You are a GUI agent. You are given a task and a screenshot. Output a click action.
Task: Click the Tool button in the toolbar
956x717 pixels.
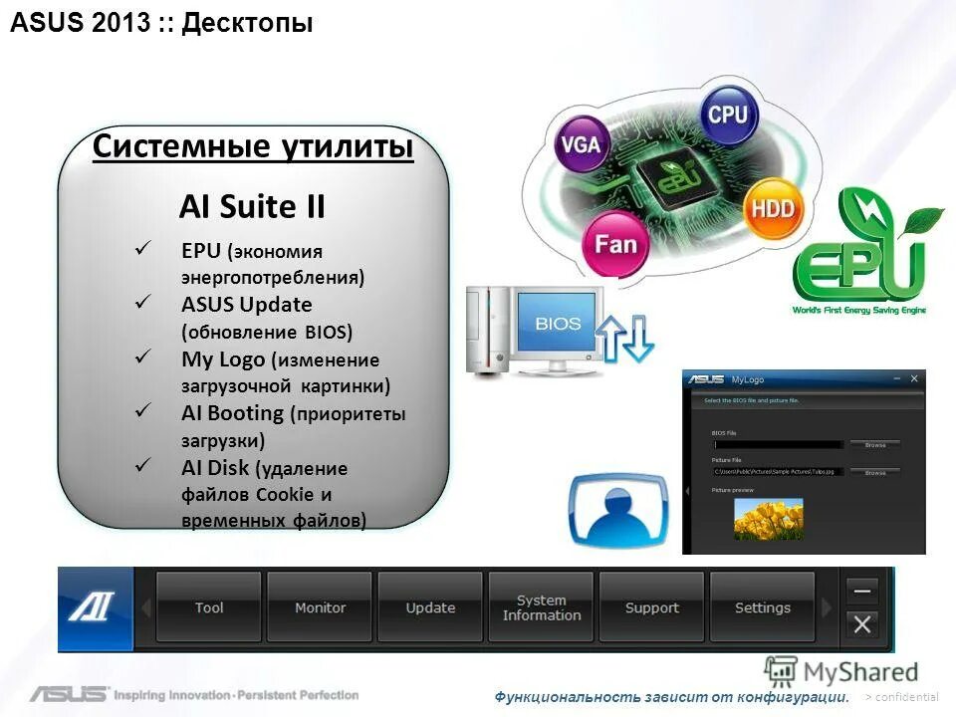click(x=209, y=607)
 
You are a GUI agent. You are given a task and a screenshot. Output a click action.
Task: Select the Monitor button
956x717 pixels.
click(x=320, y=607)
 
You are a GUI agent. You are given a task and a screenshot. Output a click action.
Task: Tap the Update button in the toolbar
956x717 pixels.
click(x=430, y=607)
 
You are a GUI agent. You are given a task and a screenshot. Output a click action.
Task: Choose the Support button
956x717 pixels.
click(x=651, y=607)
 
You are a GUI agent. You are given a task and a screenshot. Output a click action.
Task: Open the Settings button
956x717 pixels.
click(x=762, y=607)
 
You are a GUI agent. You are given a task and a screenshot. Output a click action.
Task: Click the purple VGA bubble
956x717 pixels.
click(x=581, y=144)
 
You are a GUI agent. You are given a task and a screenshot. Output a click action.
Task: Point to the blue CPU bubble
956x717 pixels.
click(x=728, y=115)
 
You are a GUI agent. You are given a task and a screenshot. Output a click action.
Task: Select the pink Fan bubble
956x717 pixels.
click(x=615, y=243)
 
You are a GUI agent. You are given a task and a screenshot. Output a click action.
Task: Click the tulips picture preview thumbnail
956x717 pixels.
click(x=768, y=519)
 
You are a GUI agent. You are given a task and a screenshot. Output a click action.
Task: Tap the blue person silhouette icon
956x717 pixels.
click(x=618, y=511)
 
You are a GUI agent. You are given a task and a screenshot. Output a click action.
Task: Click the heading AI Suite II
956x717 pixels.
click(x=252, y=207)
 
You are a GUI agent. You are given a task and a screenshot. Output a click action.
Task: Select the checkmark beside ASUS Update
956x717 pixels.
click(x=141, y=300)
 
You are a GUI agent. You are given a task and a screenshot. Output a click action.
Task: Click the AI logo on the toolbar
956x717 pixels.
click(x=94, y=607)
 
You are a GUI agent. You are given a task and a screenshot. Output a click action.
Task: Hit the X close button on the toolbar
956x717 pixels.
click(x=862, y=624)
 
